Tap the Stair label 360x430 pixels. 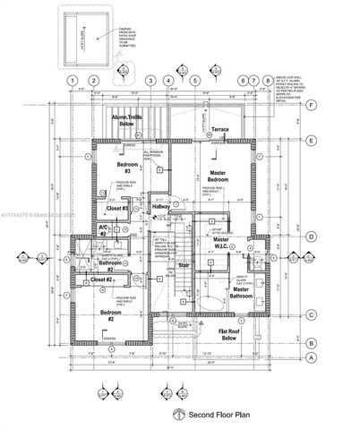[184, 265]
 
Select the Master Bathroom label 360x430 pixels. [241, 294]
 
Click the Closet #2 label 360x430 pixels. [101, 280]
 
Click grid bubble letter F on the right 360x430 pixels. [311, 105]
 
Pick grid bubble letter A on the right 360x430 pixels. [311, 357]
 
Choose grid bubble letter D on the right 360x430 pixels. [311, 237]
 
